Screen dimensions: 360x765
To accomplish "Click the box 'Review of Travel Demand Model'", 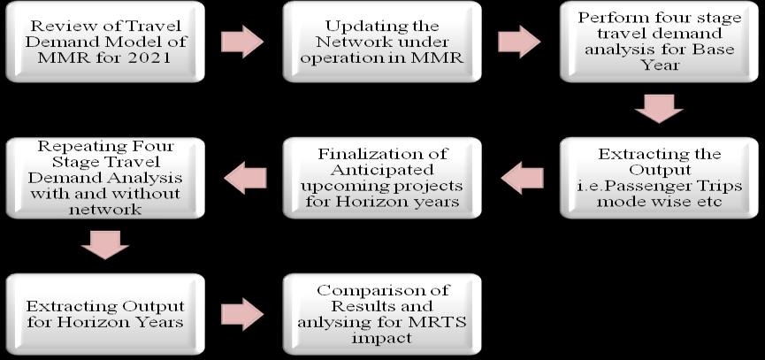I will tap(105, 42).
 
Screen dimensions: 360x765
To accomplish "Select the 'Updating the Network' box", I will tap(381, 42).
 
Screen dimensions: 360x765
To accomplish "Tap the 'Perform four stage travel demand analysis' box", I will tap(659, 42).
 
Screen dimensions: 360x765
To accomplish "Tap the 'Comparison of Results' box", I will tap(381, 313).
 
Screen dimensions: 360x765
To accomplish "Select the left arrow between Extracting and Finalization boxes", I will tap(522, 179).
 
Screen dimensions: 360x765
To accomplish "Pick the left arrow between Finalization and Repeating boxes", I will tap(245, 179).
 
